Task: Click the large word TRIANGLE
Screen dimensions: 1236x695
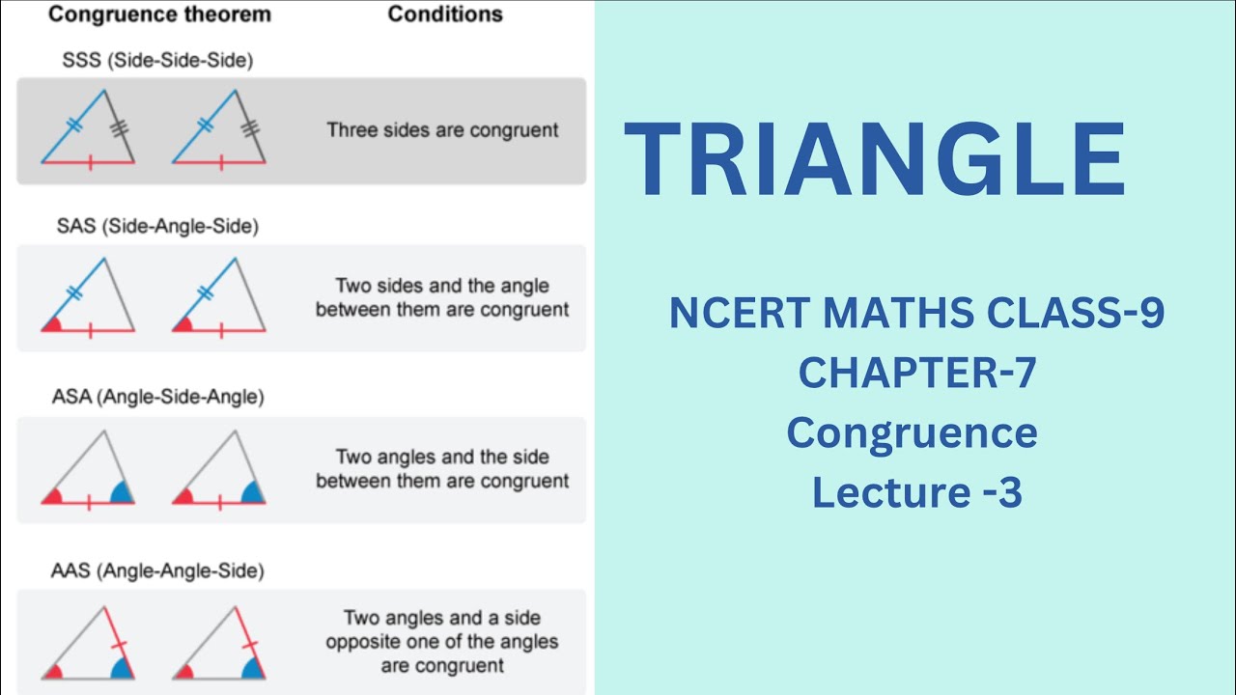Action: pyautogui.click(x=874, y=159)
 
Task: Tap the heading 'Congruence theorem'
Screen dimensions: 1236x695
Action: pyautogui.click(x=160, y=14)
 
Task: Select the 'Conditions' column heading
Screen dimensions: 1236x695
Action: pyautogui.click(x=445, y=14)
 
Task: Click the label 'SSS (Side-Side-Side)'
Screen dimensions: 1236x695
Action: pyautogui.click(x=157, y=60)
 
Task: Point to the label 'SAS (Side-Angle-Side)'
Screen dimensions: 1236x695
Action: pyautogui.click(x=157, y=226)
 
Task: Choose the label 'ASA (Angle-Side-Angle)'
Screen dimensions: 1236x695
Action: pyautogui.click(x=157, y=397)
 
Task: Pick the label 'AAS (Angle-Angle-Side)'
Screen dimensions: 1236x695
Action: pyautogui.click(x=157, y=570)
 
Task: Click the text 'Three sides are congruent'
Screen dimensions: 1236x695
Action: pyautogui.click(x=442, y=130)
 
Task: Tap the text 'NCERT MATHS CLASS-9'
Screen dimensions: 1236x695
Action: pyautogui.click(x=916, y=313)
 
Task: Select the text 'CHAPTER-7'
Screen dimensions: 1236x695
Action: pyautogui.click(x=917, y=373)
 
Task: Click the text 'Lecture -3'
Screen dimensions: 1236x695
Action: pyautogui.click(x=917, y=492)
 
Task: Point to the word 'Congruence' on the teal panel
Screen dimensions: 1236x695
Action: pyautogui.click(x=913, y=433)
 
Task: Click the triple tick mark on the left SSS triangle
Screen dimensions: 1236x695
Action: pyautogui.click(x=119, y=128)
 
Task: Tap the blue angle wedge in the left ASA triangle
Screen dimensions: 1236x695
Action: pyautogui.click(x=123, y=493)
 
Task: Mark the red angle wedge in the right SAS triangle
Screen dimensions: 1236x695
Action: pyautogui.click(x=183, y=325)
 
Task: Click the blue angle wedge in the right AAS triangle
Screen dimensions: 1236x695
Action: pyautogui.click(x=253, y=669)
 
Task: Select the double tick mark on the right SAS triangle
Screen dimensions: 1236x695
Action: pyautogui.click(x=206, y=292)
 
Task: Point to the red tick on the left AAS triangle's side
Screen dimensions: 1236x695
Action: pyautogui.click(x=119, y=644)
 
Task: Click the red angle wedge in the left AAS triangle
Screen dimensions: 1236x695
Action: pyautogui.click(x=53, y=673)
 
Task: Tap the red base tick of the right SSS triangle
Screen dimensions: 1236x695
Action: pyautogui.click(x=221, y=163)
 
